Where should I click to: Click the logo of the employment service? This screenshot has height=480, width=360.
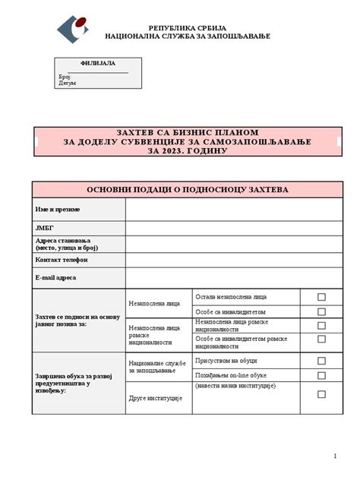(73, 29)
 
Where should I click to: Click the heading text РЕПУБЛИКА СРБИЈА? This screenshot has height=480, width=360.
(187, 27)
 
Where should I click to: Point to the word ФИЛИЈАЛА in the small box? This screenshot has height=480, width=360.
(97, 63)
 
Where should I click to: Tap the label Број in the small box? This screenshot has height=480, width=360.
(65, 77)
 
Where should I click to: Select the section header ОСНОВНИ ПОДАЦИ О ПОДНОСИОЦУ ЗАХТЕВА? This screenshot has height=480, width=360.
(187, 189)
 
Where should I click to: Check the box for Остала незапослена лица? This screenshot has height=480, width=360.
(321, 297)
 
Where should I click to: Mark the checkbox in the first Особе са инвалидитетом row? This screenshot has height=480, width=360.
(321, 311)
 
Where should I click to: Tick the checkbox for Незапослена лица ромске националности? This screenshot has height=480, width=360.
(321, 326)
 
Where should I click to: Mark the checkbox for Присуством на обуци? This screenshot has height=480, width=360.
(321, 361)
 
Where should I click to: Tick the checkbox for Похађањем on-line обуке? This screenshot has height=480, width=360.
(321, 375)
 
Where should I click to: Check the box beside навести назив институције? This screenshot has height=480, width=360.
(321, 394)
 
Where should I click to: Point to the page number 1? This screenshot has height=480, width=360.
(335, 456)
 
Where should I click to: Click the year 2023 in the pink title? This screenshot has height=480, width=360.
(177, 151)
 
